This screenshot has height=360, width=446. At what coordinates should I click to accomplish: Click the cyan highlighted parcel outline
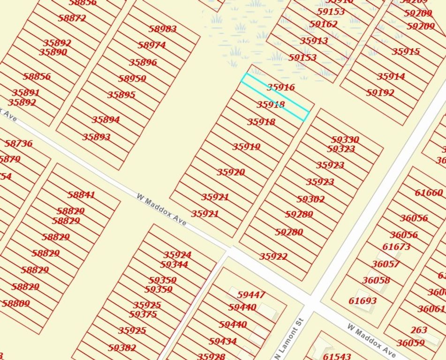coord(275,97)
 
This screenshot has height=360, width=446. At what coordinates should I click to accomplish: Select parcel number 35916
coord(281,87)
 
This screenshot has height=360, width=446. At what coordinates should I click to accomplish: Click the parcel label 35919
coord(246,147)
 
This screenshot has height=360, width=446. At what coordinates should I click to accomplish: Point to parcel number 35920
coord(231,172)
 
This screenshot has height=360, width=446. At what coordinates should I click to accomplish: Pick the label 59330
coord(345,140)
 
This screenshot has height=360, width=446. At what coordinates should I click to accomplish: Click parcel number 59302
coord(310,199)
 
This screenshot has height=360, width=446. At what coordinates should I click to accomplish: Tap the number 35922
coord(273,256)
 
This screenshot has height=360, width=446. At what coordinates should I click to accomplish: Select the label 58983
coord(163,29)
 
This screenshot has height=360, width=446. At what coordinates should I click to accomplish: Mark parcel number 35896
coord(143,62)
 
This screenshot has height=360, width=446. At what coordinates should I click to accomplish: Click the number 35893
coord(97,137)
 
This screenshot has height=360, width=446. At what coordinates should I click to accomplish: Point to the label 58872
coord(72,18)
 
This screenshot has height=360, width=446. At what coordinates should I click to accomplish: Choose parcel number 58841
coord(81,195)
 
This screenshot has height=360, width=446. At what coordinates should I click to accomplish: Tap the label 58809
coord(15,303)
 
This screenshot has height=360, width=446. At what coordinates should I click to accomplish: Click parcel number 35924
coord(177,255)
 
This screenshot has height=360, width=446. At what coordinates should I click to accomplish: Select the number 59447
coord(251,295)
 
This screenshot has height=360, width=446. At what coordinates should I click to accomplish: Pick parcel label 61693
coord(363,300)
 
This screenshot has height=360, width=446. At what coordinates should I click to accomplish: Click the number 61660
coord(429,193)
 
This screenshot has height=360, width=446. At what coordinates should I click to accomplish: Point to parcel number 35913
coord(314,41)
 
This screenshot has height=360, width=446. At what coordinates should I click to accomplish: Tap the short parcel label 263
coord(419,330)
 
